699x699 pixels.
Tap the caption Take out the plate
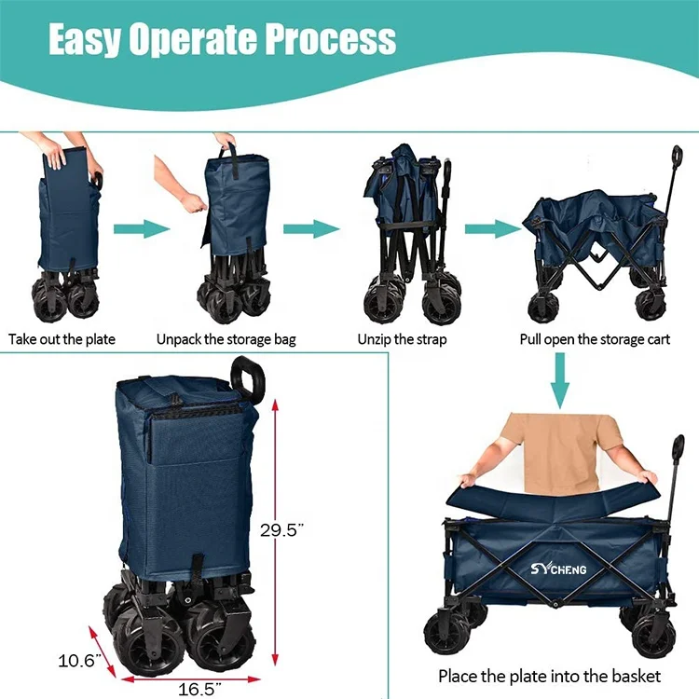click(62, 339)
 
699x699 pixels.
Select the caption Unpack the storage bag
click(226, 339)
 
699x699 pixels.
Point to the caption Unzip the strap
click(402, 339)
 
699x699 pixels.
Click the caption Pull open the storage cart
click(595, 339)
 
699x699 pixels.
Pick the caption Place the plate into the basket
click(549, 676)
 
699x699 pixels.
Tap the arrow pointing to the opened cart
click(490, 229)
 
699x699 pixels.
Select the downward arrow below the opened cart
click(559, 379)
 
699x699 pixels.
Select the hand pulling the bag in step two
click(194, 202)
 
